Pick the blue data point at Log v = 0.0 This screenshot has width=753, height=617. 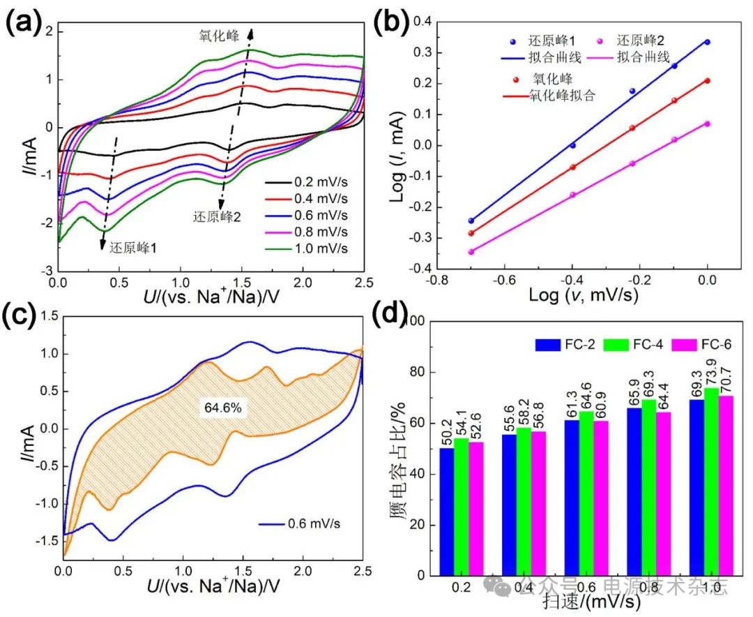coord(707,42)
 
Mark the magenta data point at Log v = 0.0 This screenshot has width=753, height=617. coord(707,124)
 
